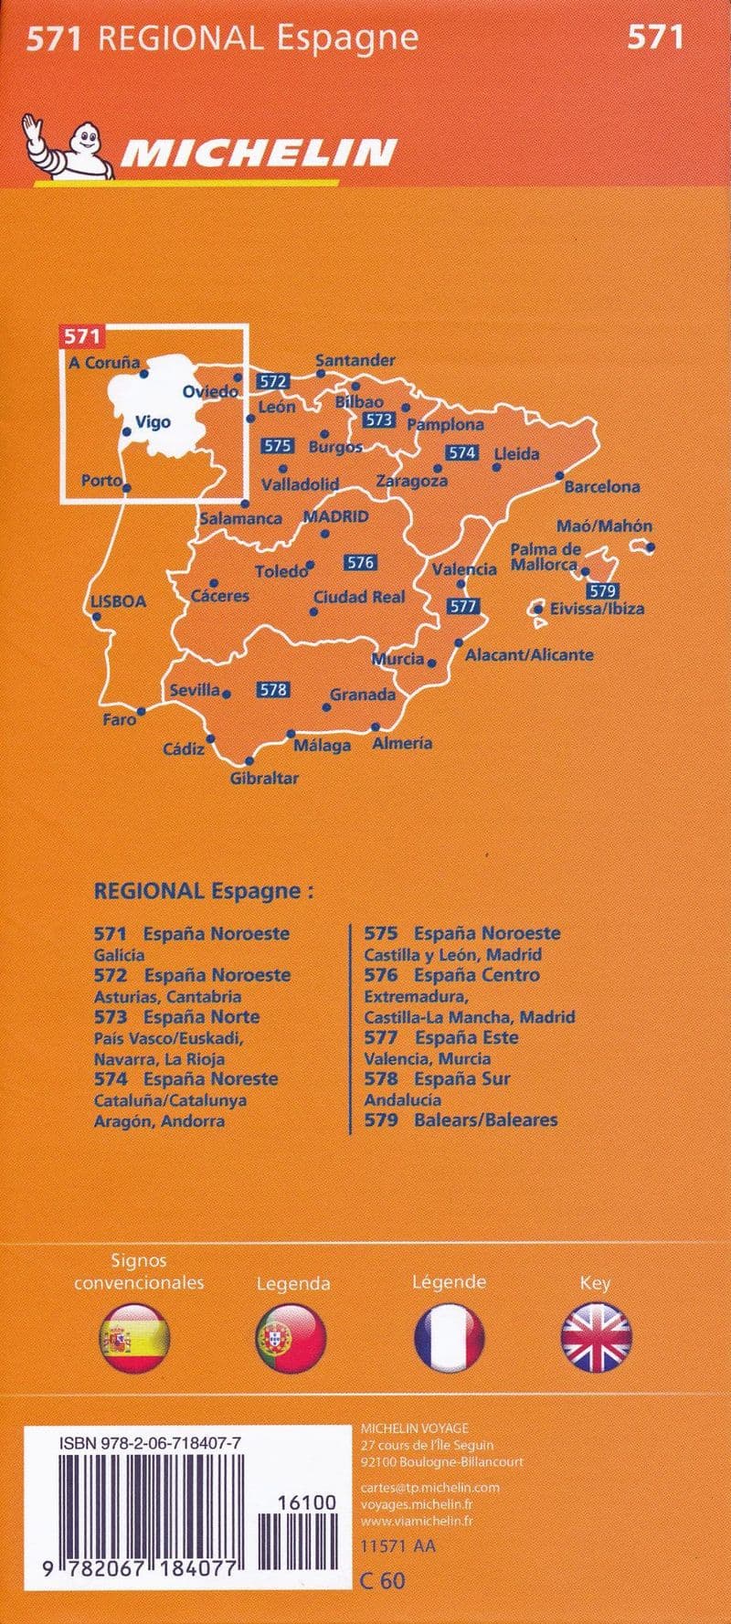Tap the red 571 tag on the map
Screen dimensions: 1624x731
coord(80,336)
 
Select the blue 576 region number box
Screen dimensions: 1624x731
coord(361,563)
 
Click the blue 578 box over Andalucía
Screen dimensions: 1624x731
coord(273,690)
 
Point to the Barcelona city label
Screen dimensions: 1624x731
coord(601,487)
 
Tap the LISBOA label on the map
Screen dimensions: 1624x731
coord(119,601)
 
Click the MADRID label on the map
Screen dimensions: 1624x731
coord(335,517)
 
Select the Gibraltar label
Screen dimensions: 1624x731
coord(264,779)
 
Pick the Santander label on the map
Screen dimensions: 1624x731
coord(355,361)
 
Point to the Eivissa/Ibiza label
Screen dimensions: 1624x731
coord(597,609)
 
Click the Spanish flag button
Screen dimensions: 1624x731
coord(133,1340)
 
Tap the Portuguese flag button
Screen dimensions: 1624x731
coord(291,1340)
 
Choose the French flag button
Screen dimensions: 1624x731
coord(449,1340)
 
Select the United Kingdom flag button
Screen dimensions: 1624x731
coord(596,1340)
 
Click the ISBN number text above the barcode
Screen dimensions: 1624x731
coord(151,1441)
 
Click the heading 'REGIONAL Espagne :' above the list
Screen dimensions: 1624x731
coord(203,891)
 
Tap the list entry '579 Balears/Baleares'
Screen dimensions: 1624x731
coord(461,1120)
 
